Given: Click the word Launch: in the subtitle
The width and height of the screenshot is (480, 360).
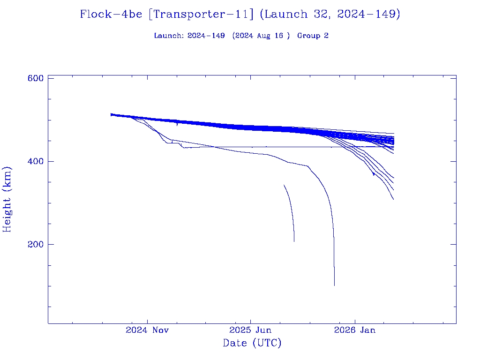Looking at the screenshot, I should pos(169,36).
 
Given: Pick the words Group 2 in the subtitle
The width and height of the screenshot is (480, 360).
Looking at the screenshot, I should pos(313,36).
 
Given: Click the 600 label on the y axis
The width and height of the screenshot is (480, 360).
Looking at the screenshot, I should pos(36,78).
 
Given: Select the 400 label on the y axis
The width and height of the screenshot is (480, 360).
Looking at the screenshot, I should pos(36,161).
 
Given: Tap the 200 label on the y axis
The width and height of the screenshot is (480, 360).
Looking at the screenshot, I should pos(36,244).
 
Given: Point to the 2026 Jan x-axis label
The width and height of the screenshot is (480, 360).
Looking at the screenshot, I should pos(354,330).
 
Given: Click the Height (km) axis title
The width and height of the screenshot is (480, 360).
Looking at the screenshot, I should pos(7,199).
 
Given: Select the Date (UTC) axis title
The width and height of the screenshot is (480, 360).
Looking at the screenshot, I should pos(252,343).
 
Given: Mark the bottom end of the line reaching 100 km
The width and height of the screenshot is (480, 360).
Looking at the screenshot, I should pos(334,285).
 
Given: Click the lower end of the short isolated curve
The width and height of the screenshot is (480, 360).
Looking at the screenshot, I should pos(294,241).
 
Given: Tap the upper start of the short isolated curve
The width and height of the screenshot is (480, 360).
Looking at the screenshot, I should pos(284,185).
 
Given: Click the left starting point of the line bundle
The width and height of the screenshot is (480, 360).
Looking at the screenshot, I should pos(111,114).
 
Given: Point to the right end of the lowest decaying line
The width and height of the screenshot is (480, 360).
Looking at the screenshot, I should pos(393,200).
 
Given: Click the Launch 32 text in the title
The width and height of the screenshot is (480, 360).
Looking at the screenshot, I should pos(296,15).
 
